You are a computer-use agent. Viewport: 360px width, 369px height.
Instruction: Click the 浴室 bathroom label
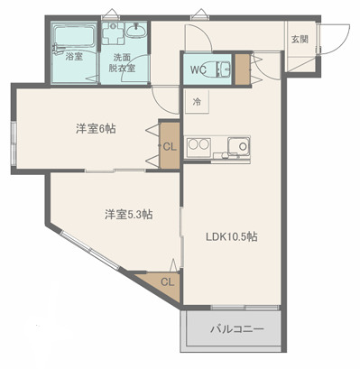(x=73, y=57)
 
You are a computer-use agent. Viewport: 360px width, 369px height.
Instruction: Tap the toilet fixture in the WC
(x=226, y=69)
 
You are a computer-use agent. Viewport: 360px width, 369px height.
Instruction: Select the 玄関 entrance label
(x=300, y=40)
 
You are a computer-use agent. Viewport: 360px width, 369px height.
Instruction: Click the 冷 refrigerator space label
(x=198, y=101)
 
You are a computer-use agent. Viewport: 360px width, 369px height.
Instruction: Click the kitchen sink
(x=239, y=146)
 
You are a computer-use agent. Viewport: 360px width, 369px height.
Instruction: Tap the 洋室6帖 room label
(x=95, y=128)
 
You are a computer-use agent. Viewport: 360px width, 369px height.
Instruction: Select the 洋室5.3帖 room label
(x=127, y=214)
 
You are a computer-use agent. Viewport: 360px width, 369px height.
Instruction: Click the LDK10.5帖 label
(x=232, y=237)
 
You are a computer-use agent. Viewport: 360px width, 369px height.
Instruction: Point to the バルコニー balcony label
(x=237, y=329)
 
